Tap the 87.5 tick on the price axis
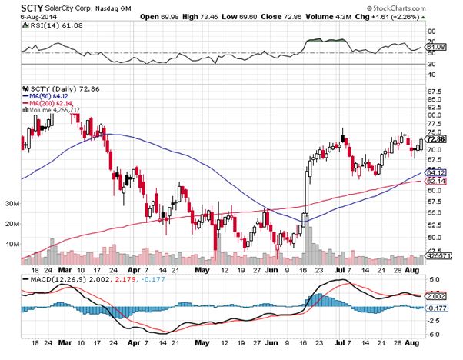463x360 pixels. click(435, 92)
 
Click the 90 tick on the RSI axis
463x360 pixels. click(431, 32)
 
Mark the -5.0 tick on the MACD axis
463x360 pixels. click(434, 334)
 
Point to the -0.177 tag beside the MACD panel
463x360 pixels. click(437, 308)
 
